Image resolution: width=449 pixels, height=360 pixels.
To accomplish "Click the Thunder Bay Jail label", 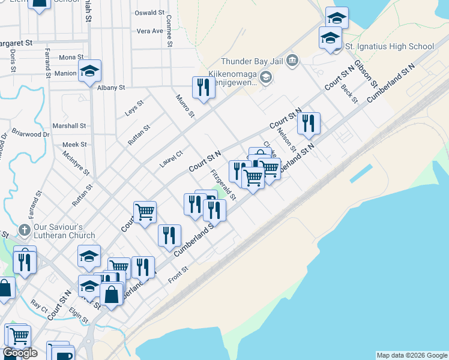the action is [253, 61].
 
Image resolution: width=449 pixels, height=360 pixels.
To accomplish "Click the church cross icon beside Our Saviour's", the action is [23, 230].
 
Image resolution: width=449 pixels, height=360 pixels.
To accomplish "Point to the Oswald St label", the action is [149, 13].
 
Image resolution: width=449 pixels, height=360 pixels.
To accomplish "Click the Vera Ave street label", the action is [150, 31].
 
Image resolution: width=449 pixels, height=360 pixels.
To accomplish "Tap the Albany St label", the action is [110, 88].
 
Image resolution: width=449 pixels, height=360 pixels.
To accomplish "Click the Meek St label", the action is [75, 145].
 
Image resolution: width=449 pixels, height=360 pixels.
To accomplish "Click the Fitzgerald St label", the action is [223, 185].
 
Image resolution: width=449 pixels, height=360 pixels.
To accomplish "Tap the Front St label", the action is [178, 274].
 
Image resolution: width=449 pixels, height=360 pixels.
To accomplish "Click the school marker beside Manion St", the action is [89, 71].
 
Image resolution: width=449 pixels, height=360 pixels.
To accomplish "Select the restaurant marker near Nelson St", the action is [309, 124].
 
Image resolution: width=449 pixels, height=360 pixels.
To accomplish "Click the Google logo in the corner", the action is [20, 353].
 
